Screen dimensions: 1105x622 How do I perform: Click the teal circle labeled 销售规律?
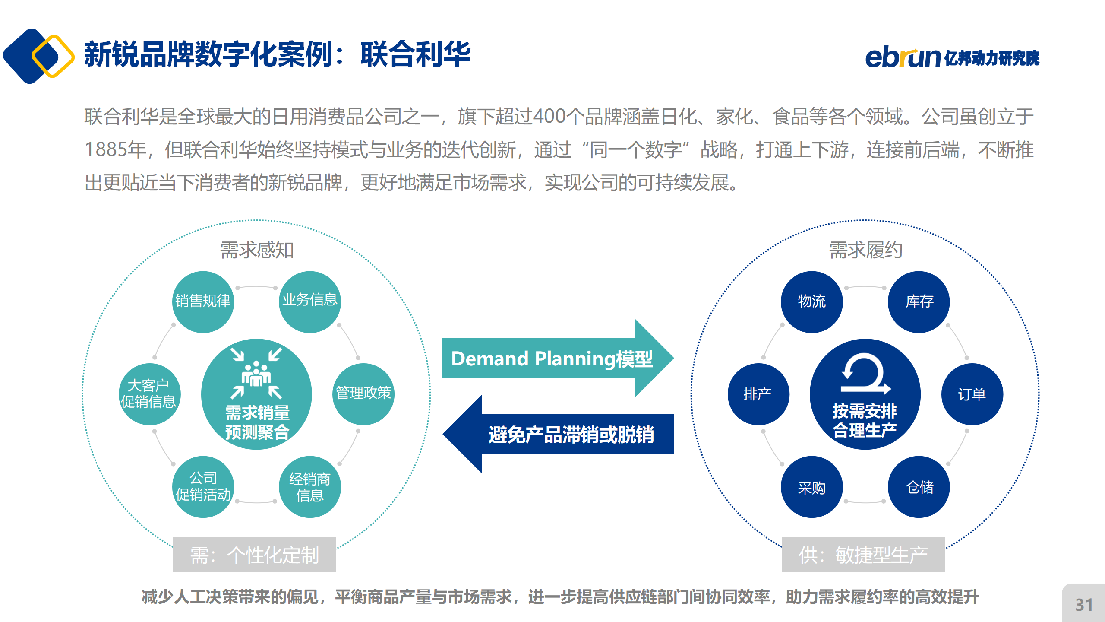click(203, 302)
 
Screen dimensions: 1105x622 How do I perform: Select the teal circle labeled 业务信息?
click(310, 302)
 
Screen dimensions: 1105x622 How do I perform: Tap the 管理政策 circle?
click(363, 394)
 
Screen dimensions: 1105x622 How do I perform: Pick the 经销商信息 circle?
click(310, 487)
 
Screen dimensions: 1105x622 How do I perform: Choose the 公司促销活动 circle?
click(203, 487)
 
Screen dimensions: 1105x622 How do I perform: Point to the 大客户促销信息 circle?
click(150, 394)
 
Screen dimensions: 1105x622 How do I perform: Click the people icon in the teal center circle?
click(256, 374)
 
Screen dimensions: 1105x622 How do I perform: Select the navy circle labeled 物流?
click(812, 302)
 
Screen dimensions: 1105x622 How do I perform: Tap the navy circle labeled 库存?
click(919, 302)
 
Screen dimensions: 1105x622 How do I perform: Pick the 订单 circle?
click(972, 394)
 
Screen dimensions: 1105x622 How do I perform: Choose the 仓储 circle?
click(919, 487)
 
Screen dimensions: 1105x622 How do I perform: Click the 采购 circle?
click(812, 487)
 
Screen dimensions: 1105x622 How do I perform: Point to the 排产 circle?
click(759, 394)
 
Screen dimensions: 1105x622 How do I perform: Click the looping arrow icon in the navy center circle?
click(865, 373)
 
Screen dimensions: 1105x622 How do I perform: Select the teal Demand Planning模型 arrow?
click(558, 358)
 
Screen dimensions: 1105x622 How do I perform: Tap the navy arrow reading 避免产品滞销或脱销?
click(558, 434)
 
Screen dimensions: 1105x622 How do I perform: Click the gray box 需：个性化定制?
click(254, 555)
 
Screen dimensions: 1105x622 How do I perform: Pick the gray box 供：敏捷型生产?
click(863, 555)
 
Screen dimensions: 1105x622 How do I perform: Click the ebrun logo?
click(952, 58)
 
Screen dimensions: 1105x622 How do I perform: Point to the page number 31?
click(1084, 605)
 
